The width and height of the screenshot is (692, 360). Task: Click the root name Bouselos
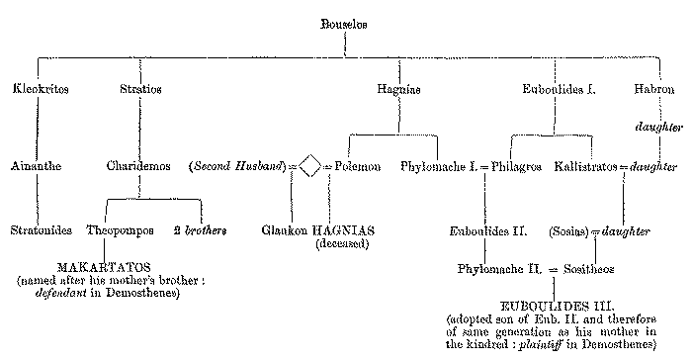pyautogui.click(x=345, y=24)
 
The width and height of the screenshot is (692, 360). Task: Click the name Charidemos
pyautogui.click(x=139, y=166)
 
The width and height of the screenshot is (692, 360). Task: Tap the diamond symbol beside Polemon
pyautogui.click(x=309, y=167)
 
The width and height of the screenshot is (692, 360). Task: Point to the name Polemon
pyautogui.click(x=353, y=166)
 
